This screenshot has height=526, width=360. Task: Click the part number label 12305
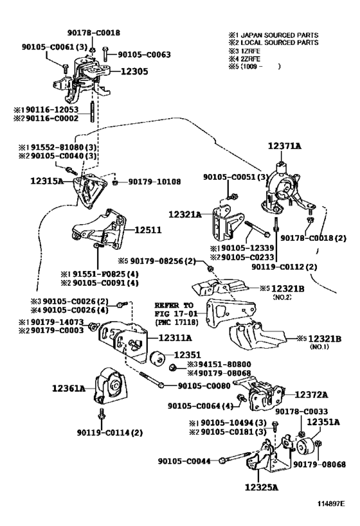134,71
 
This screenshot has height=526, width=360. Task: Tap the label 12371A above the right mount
284,146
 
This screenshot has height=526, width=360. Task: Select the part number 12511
148,230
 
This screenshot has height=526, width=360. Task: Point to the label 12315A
47,181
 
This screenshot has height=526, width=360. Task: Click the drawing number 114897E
332,504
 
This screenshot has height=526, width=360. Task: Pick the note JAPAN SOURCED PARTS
280,35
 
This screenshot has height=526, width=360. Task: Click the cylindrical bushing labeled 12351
157,358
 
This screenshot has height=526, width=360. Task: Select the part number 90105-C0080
204,386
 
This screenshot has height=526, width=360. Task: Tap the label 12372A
311,395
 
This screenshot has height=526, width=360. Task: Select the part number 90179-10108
154,182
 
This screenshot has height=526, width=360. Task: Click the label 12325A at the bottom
262,487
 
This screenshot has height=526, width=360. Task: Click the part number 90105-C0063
144,55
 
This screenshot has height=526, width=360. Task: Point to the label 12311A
175,338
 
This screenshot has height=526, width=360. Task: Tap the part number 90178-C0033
301,411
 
